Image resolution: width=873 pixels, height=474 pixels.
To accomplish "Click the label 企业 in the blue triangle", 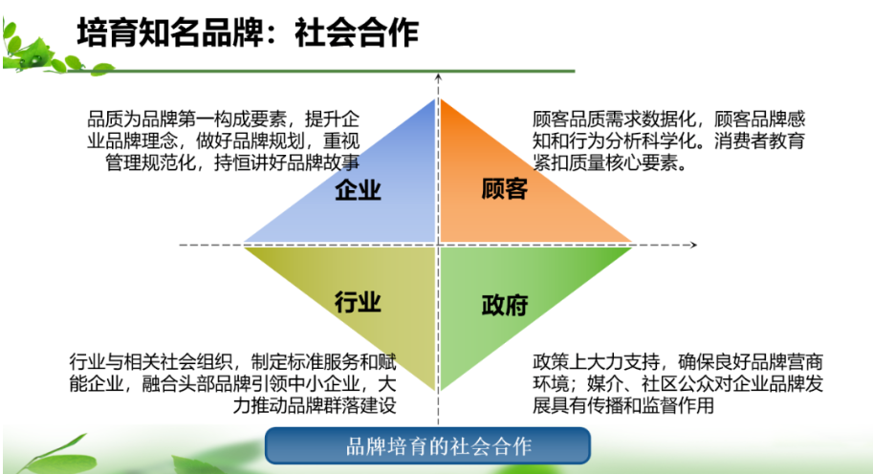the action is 358,190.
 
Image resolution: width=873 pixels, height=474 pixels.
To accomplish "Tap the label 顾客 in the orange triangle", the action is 505,189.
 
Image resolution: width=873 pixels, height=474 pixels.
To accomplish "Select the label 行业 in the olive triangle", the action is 358,302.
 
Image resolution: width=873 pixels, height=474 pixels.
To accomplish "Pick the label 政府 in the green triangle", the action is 505,306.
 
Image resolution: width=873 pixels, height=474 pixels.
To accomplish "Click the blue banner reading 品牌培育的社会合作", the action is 427,445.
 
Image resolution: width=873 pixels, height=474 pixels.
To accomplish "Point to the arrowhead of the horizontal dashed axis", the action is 693,245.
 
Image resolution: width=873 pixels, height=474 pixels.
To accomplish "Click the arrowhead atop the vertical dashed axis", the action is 438,77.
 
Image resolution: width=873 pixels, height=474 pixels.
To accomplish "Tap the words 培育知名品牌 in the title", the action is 169,32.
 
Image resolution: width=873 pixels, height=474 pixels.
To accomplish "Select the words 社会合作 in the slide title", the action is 357,32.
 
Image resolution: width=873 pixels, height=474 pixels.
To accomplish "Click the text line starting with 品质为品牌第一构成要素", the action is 223,119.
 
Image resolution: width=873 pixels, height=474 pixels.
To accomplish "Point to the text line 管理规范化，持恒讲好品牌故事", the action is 232,162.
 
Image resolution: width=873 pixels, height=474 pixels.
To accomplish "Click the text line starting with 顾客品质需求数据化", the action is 668,119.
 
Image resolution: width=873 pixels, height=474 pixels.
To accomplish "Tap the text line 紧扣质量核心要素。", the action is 610,162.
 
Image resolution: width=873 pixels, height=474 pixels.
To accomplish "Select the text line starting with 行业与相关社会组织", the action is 232,361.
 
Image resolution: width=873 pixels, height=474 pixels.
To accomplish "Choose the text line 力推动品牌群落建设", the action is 315,405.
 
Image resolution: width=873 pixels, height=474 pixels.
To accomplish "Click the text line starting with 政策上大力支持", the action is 678,361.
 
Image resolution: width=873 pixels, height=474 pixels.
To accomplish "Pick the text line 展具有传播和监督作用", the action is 623,405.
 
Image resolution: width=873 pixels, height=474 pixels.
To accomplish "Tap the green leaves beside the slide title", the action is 45,50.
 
